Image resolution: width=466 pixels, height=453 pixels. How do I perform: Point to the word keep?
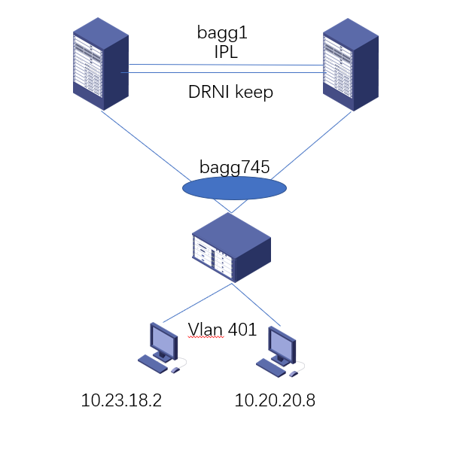click(254, 93)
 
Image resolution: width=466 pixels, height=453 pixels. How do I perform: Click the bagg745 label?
click(234, 167)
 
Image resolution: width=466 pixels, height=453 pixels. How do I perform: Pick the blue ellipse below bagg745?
click(234, 187)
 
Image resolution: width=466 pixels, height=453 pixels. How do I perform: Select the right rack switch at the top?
click(350, 66)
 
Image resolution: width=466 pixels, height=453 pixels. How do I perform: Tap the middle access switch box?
click(231, 247)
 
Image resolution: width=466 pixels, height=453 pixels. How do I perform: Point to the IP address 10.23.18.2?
click(121, 400)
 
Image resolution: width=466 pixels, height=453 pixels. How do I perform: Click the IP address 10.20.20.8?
click(275, 400)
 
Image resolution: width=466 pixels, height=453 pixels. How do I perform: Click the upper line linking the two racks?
click(226, 65)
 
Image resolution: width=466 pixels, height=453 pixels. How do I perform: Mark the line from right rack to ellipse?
click(309, 147)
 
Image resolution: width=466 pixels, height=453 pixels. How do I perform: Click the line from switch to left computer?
click(196, 303)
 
